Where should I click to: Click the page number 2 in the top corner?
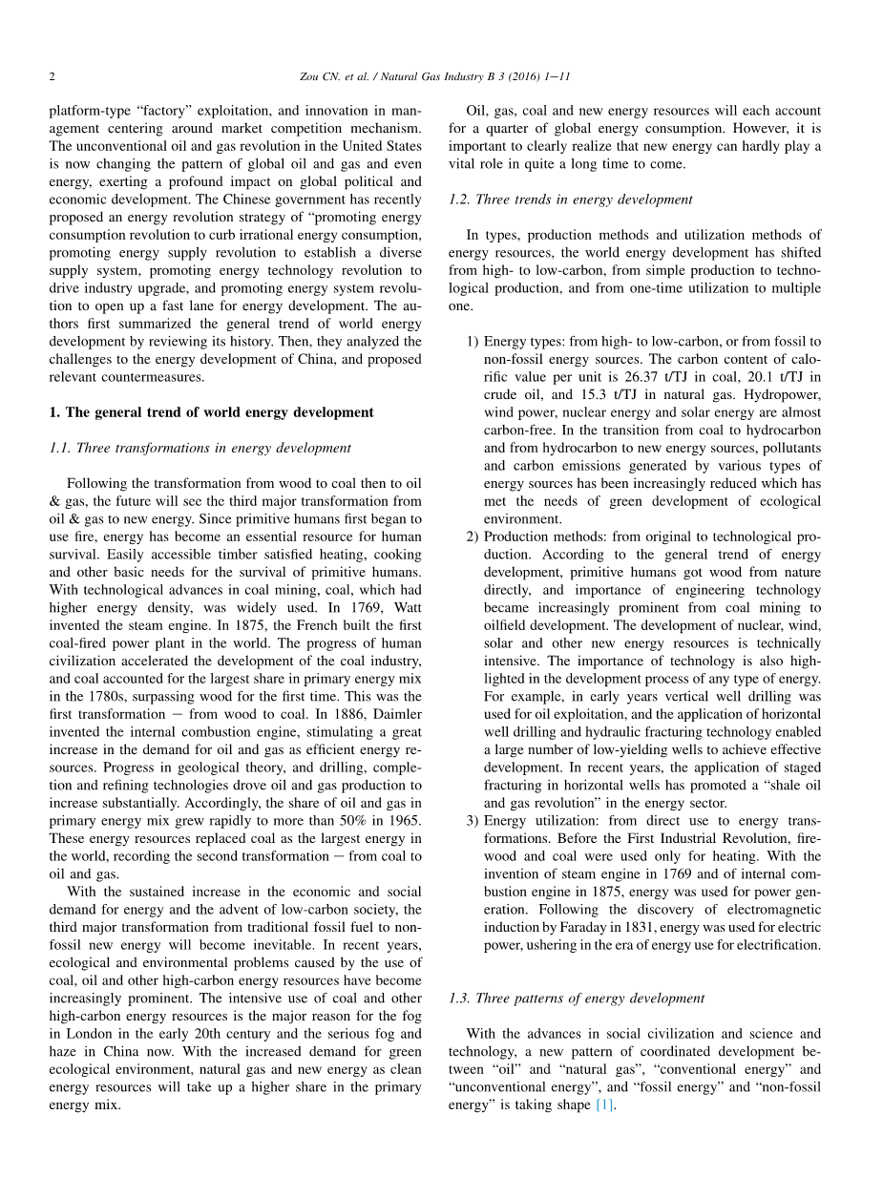pyautogui.click(x=52, y=76)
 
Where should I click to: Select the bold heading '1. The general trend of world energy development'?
pyautogui.click(x=211, y=412)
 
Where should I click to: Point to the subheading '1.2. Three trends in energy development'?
pyautogui.click(x=570, y=200)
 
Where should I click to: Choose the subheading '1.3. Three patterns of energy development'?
pyautogui.click(x=576, y=998)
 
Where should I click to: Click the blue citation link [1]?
pyautogui.click(x=604, y=1105)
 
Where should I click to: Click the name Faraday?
pyautogui.click(x=582, y=928)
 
